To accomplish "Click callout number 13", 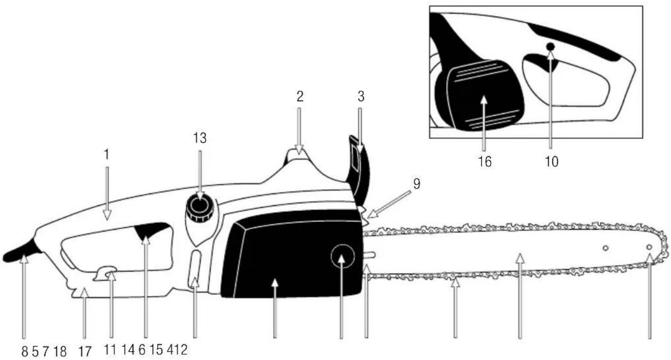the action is tap(200, 139).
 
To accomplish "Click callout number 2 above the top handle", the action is tap(300, 97).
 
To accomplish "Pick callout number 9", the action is tap(416, 184).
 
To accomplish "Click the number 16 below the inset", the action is tap(485, 162).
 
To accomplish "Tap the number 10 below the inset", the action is tap(552, 162).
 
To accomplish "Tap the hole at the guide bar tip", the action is tap(649, 247).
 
